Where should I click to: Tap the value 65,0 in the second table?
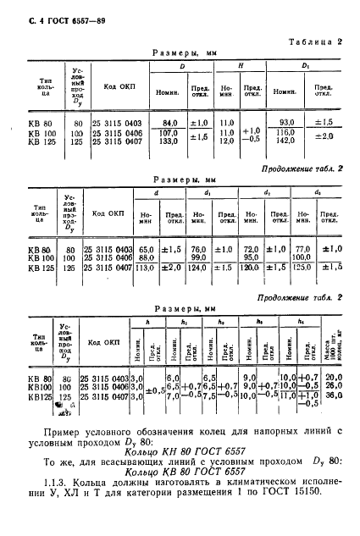pyautogui.click(x=147, y=249)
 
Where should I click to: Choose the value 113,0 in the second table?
pyautogui.click(x=147, y=268)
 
